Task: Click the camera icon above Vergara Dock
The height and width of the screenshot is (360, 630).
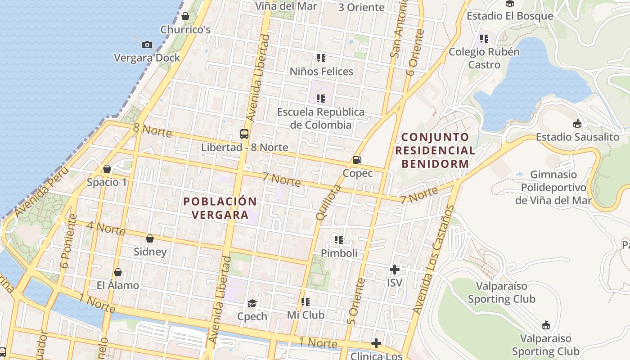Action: [147, 45]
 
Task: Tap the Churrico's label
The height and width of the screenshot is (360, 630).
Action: [185, 30]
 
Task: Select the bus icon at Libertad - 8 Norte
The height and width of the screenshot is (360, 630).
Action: [244, 134]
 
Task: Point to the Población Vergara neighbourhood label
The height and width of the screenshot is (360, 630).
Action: [220, 208]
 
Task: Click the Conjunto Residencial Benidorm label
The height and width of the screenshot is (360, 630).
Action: [436, 150]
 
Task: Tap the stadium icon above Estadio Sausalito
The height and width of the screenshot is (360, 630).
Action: [577, 123]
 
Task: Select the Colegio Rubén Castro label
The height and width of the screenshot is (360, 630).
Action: [484, 58]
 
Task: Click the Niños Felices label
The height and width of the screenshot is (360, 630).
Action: [321, 71]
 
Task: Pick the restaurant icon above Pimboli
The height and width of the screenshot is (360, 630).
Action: [339, 239]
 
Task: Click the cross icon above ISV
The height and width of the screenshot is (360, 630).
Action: [395, 270]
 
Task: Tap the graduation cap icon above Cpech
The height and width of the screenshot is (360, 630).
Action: [252, 303]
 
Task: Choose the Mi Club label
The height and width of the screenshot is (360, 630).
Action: [306, 315]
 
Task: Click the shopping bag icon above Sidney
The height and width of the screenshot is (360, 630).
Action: [150, 238]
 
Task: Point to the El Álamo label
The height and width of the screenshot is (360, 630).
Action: [118, 285]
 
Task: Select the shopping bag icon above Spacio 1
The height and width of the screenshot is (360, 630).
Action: [107, 169]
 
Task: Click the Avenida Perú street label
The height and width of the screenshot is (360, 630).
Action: [41, 191]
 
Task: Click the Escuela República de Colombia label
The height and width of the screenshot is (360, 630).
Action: [321, 118]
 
